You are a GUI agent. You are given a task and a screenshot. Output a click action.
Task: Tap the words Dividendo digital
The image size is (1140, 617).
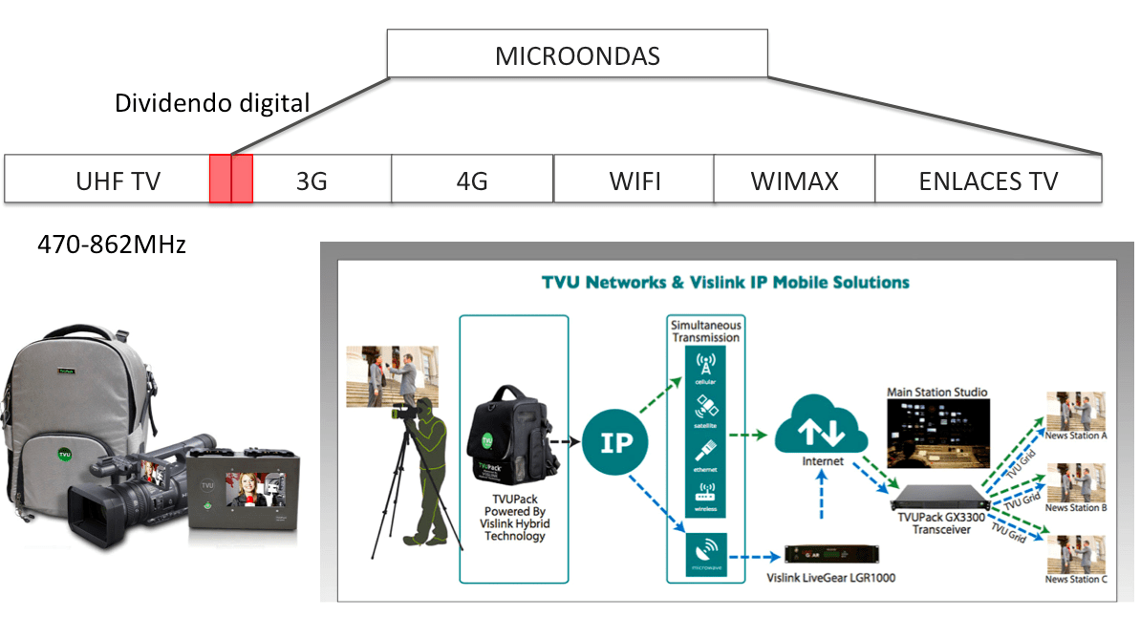click(212, 103)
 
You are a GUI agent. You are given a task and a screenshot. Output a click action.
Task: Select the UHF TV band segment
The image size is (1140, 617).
click(118, 181)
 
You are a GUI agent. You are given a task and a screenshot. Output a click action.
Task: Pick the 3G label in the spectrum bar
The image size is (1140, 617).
click(312, 181)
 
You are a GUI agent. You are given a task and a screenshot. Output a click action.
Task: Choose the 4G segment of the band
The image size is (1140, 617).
click(472, 181)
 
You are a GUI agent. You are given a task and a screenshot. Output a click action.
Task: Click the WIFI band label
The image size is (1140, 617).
click(634, 181)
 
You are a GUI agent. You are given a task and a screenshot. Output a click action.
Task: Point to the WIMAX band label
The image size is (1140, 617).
click(794, 181)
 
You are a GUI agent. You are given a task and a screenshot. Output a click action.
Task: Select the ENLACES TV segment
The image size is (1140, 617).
click(988, 181)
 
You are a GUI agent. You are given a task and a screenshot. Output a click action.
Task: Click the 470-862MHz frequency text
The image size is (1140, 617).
click(112, 245)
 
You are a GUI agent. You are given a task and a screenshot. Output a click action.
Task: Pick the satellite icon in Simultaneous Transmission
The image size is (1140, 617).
click(705, 408)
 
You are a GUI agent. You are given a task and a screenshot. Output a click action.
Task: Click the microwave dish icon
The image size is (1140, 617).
click(705, 552)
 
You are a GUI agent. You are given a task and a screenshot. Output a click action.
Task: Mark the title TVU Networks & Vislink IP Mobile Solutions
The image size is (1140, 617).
click(725, 283)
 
